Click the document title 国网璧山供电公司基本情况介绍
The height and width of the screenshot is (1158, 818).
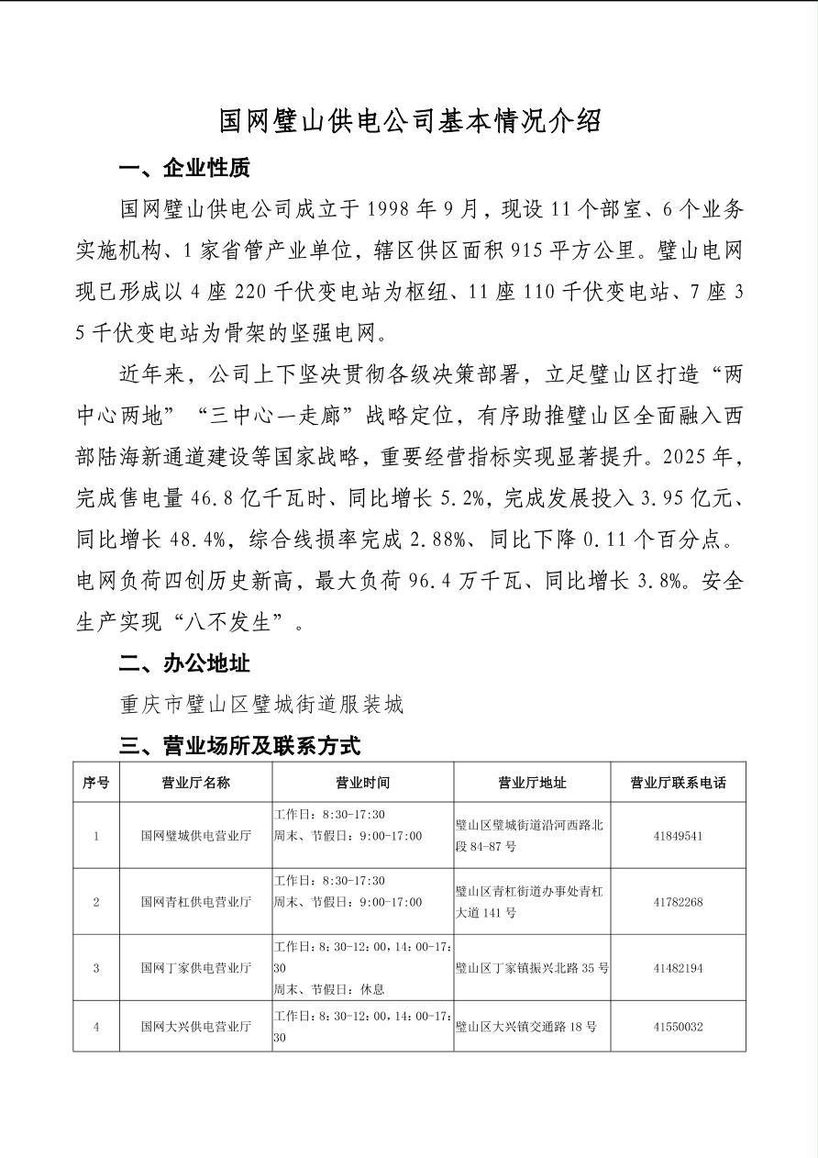(x=410, y=120)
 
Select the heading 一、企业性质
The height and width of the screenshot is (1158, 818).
(x=183, y=168)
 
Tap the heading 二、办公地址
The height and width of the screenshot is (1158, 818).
(x=183, y=663)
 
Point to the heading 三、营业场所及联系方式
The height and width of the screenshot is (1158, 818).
(x=239, y=745)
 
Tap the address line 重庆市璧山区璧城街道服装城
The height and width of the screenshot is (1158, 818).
(x=261, y=705)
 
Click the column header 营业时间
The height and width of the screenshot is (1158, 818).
(x=362, y=783)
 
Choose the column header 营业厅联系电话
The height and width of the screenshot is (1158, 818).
(x=678, y=783)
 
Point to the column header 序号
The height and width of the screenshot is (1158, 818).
(x=96, y=783)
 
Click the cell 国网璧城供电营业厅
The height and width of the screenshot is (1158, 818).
(x=195, y=836)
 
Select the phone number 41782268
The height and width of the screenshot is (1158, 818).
(x=678, y=902)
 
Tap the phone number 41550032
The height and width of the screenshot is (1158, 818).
(x=678, y=1027)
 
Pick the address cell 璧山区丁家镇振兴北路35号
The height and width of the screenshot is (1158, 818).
(x=532, y=968)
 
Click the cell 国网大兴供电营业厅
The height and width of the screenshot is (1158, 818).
(x=195, y=1027)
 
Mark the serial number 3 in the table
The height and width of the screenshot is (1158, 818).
(x=96, y=968)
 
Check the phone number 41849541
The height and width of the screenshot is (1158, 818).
(x=678, y=836)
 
